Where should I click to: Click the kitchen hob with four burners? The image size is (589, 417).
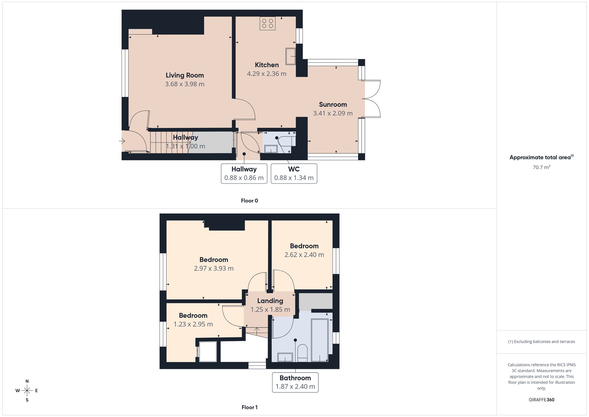pos(267,23)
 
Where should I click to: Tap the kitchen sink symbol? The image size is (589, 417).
pos(291,56)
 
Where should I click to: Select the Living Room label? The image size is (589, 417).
pos(185,75)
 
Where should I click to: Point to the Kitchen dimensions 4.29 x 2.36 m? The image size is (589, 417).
pos(267,74)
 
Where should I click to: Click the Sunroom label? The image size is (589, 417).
pos(333,104)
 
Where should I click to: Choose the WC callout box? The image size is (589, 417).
pos(294,174)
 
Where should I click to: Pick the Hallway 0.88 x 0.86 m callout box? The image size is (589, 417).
pos(244,174)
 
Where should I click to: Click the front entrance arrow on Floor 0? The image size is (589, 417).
pos(122,141)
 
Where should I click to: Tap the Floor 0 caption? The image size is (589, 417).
pos(249,201)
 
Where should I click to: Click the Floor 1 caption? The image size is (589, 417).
pos(249,407)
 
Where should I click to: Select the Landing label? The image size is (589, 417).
pos(270,301)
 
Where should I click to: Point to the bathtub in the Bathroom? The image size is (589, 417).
pos(320,340)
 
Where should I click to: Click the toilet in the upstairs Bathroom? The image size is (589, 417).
pos(302,353)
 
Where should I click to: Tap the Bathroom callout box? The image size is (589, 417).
pos(295,383)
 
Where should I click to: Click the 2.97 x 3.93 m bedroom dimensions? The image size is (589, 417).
pos(214,268)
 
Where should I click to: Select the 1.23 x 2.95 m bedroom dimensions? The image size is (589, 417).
pos(193,324)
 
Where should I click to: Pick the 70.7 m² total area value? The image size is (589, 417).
pos(542,167)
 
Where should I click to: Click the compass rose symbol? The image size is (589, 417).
pos(27,391)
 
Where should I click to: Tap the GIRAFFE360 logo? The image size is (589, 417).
pos(542,400)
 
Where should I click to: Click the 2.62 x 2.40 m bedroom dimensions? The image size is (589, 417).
pos(304,255)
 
